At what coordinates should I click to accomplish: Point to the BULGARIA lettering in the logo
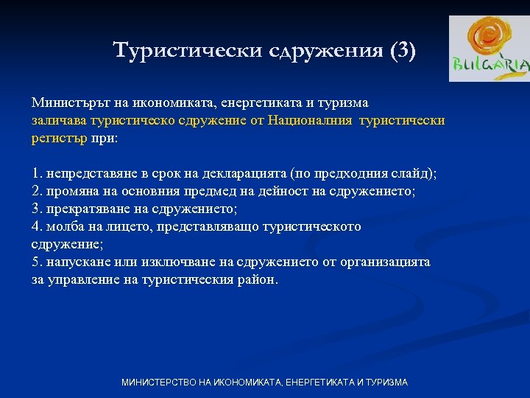tap(491, 66)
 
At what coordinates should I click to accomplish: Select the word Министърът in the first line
tap(68, 102)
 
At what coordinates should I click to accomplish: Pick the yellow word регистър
tap(59, 138)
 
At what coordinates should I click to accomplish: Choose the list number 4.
tap(36, 226)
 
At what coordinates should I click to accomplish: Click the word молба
tap(65, 226)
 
